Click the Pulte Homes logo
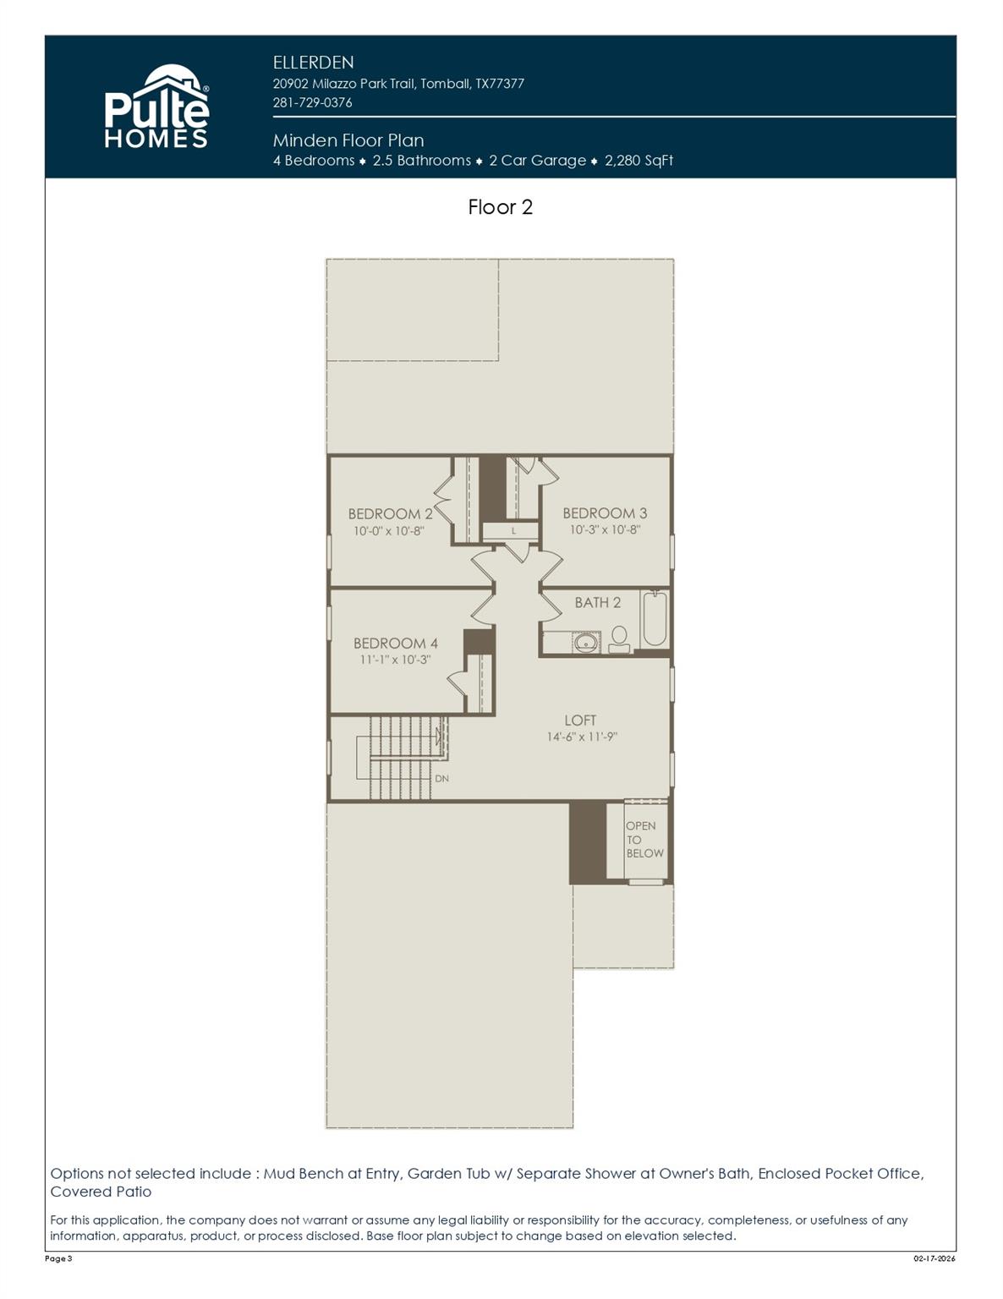[156, 107]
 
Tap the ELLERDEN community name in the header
[313, 63]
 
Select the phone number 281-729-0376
[312, 102]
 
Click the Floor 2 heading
[500, 207]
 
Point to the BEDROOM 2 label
[390, 513]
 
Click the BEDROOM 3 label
[605, 512]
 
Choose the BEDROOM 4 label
[395, 643]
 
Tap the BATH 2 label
[597, 602]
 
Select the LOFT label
[580, 720]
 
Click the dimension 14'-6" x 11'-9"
[582, 737]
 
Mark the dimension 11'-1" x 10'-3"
[395, 660]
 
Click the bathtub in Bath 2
[655, 619]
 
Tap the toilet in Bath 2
[619, 639]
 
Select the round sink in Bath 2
[586, 643]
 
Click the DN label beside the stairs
[441, 778]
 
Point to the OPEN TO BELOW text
[644, 840]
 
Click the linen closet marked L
[512, 531]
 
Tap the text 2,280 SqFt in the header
[639, 161]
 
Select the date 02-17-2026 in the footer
[934, 1258]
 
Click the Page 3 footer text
[58, 1258]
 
